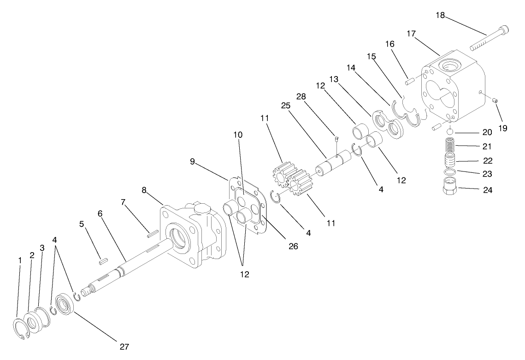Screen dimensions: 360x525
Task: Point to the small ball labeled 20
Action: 450,132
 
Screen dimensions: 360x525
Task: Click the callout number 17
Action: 411,34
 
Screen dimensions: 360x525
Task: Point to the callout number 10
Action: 237,135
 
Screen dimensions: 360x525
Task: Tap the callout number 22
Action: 487,161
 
